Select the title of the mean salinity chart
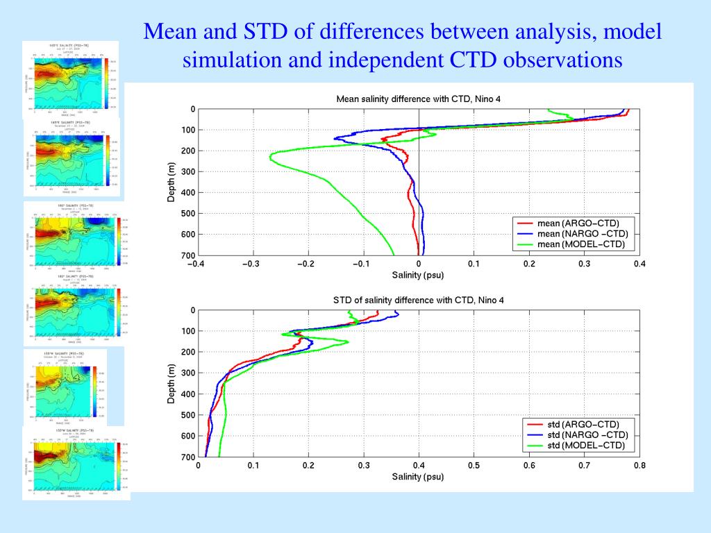(418, 99)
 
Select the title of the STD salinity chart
(418, 300)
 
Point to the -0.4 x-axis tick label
(197, 264)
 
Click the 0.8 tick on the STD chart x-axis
(639, 465)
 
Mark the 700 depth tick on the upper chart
(188, 255)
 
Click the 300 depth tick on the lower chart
(188, 373)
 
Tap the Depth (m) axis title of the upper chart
(172, 182)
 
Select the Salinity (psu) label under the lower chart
(418, 476)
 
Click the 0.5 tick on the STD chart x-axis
(474, 465)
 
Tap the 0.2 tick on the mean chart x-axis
(529, 264)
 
